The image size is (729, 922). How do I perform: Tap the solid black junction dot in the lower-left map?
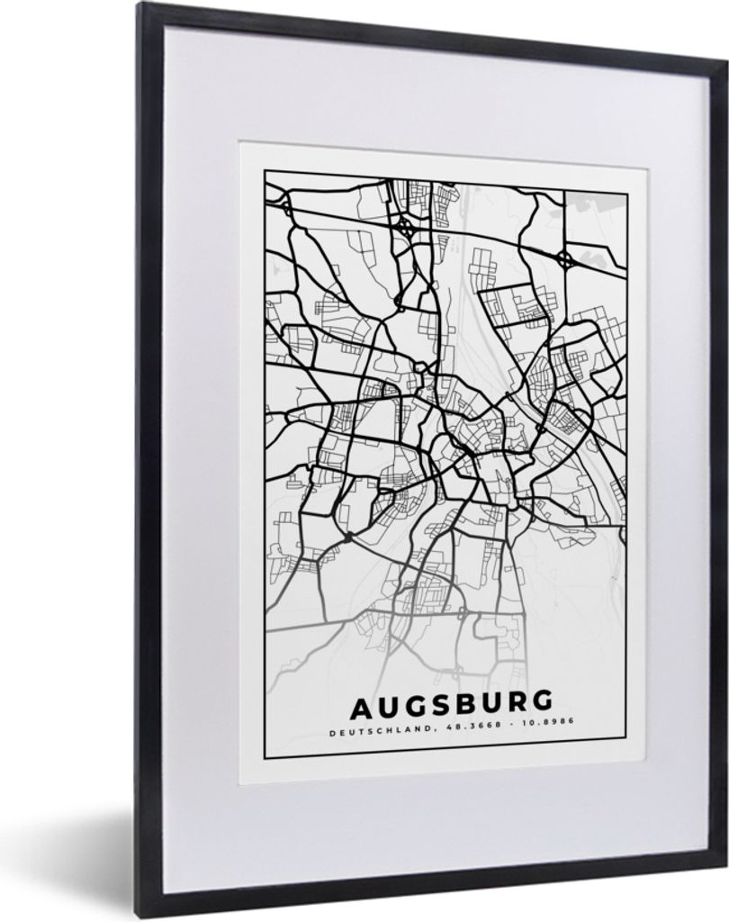coord(348,538)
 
